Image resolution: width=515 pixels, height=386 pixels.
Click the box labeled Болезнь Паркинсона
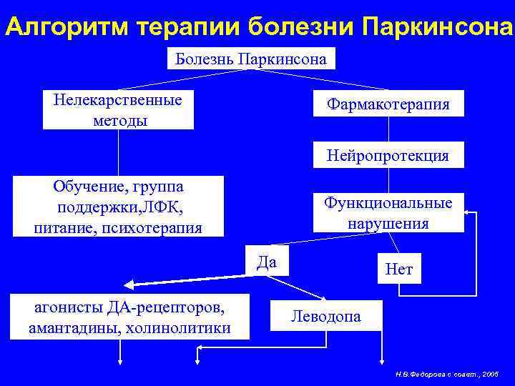250,58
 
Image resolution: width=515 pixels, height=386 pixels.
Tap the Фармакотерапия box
388,104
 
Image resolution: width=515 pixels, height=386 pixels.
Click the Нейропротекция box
388,155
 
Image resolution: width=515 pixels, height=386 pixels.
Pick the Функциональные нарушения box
388,213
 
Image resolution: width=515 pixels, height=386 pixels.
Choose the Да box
266,261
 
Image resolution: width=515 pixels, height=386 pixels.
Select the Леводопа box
325,315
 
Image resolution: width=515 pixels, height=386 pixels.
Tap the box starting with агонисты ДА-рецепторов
129,317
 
